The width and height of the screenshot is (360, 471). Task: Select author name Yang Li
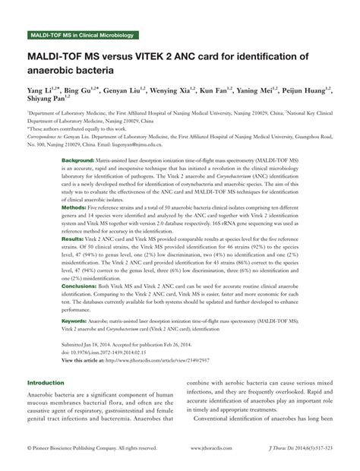[39, 90]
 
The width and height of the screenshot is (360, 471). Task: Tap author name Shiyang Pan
[46, 100]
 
